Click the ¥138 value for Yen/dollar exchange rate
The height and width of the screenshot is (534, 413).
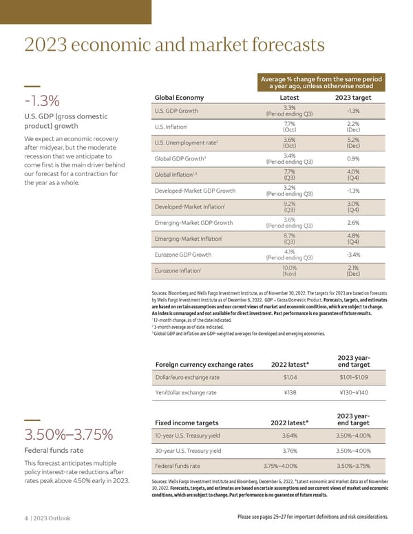(290, 392)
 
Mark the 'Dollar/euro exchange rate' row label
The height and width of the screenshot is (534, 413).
(187, 377)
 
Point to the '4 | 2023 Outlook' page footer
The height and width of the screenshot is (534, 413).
(47, 517)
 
